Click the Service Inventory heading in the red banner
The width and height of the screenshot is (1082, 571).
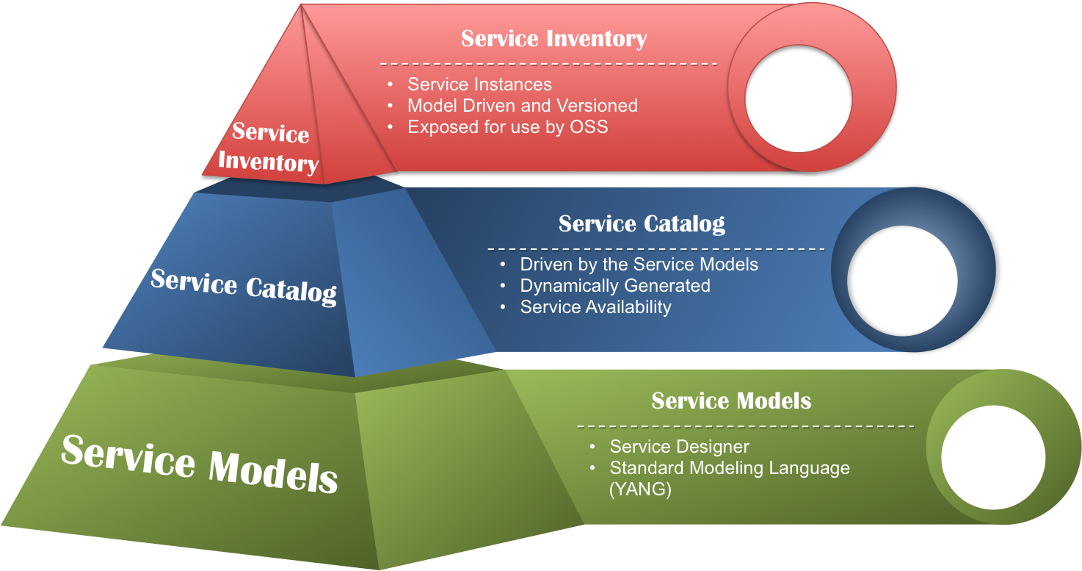click(x=553, y=39)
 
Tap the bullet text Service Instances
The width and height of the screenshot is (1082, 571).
click(x=479, y=85)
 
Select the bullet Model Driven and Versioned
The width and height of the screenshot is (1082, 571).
click(x=522, y=106)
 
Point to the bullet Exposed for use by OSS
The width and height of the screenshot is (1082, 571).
click(x=507, y=127)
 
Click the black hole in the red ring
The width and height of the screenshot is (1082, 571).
click(x=799, y=98)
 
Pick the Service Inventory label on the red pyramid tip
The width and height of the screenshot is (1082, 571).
click(x=269, y=148)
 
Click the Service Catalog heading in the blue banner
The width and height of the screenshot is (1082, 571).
click(x=642, y=224)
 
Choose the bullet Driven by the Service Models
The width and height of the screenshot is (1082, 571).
click(x=639, y=264)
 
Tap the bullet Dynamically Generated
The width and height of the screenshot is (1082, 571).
click(x=615, y=285)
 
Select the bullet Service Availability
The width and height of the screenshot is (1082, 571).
click(x=595, y=306)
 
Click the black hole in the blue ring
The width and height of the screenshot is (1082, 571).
click(x=902, y=281)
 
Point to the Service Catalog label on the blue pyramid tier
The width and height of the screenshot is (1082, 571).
click(x=243, y=286)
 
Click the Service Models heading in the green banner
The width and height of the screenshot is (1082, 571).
click(x=731, y=401)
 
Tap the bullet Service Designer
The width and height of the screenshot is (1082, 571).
click(x=679, y=447)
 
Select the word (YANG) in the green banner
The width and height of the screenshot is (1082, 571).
click(x=640, y=489)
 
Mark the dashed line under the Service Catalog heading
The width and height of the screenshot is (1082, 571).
click(x=656, y=248)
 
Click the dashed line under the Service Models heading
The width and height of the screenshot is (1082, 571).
click(x=745, y=426)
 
